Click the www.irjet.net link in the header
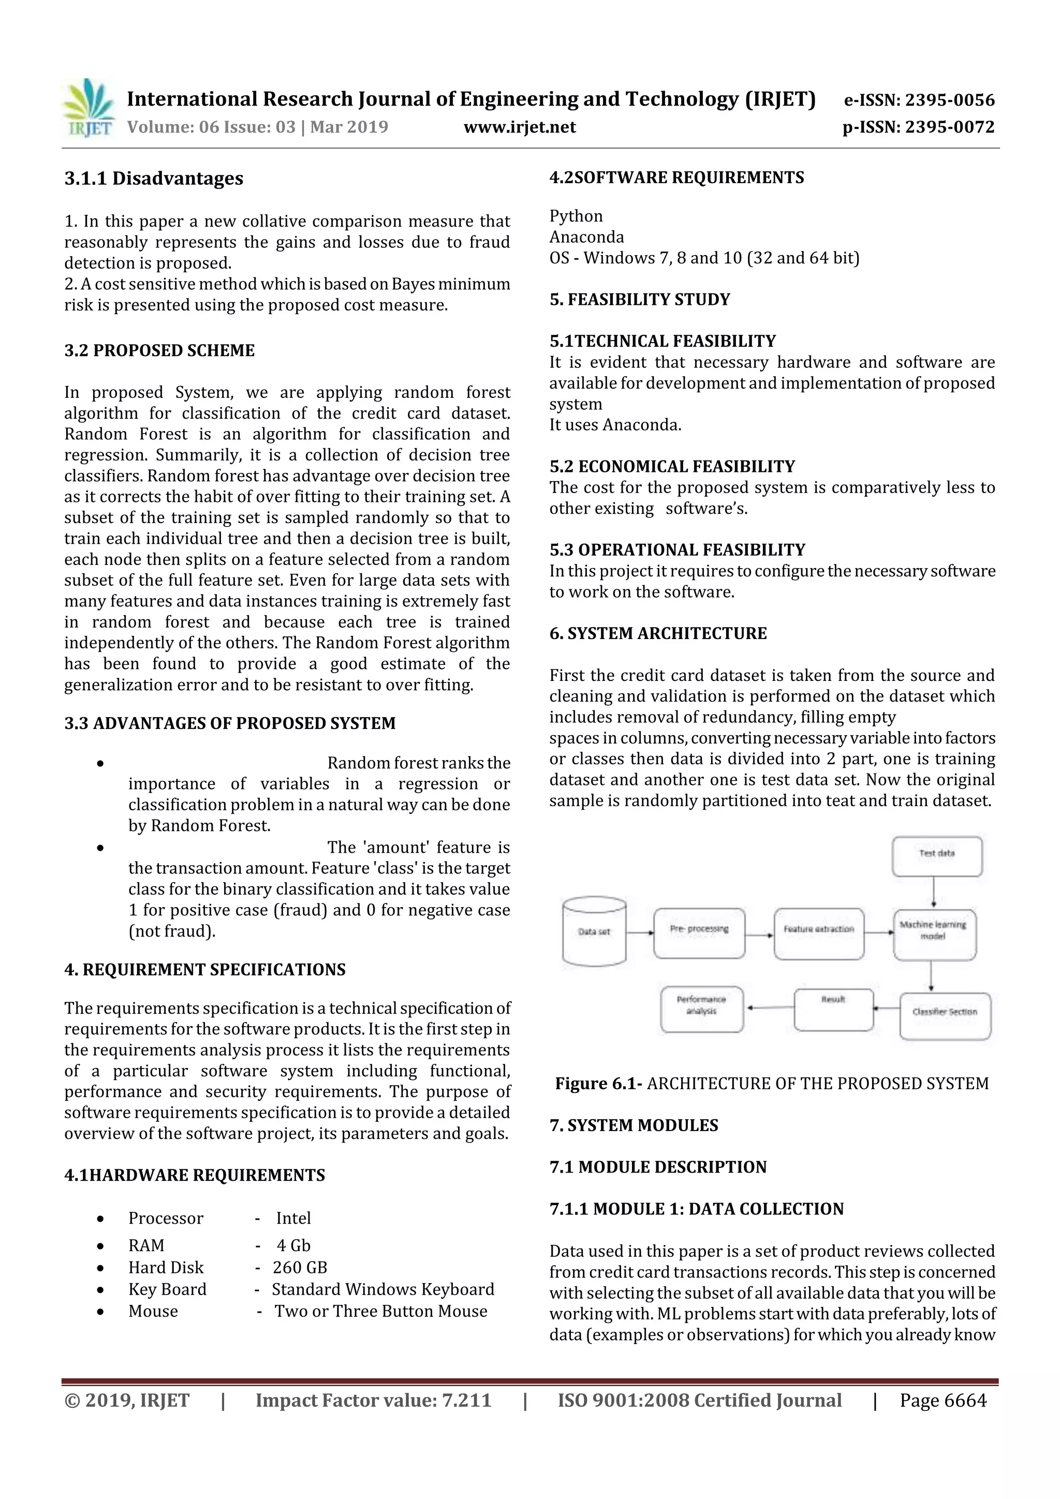click(x=519, y=127)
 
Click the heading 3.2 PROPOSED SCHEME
click(x=159, y=351)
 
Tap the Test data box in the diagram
click(x=937, y=856)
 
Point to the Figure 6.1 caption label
click(x=598, y=1084)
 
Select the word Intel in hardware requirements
click(x=293, y=1218)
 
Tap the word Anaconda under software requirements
click(x=586, y=237)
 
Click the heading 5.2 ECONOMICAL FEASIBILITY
click(x=672, y=466)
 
